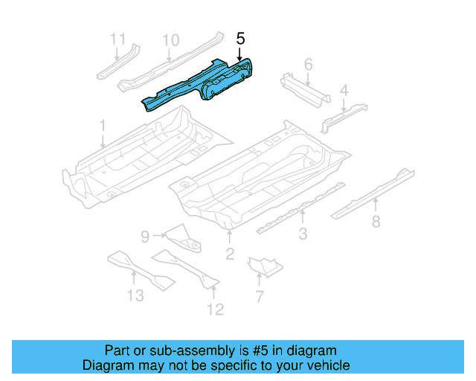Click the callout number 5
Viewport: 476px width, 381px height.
coord(239,38)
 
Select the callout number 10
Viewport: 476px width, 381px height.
coord(170,39)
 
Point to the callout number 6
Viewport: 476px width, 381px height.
coord(308,65)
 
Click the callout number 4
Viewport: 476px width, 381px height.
coord(344,91)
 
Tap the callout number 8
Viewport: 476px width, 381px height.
coord(376,220)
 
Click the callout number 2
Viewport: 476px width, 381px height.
coord(230,255)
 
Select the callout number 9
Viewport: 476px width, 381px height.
coord(146,237)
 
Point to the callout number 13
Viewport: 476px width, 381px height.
coord(135,295)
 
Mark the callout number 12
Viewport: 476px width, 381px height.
coord(215,309)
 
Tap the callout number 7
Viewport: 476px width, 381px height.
coord(259,298)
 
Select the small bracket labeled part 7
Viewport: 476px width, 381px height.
coord(264,264)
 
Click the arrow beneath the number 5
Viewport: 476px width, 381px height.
coord(239,54)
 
